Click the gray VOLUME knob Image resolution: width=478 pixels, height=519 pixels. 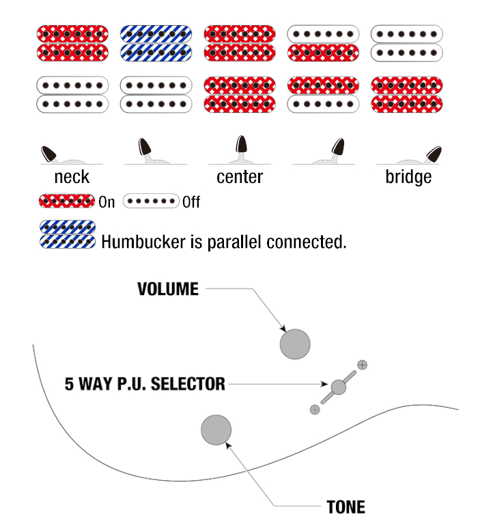pos(295,343)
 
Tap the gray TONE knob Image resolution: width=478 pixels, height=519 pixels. pos(216,430)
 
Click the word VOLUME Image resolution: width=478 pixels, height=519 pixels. pos(168,289)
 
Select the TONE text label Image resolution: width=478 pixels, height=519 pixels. pos(346,507)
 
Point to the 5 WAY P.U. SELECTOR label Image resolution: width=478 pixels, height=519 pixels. pos(145,384)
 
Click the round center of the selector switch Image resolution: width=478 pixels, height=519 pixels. pos(339,387)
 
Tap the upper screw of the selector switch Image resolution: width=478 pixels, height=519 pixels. pos(363,365)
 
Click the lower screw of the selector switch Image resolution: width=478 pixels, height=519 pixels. pos(314,409)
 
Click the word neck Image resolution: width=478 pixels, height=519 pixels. pos(72,177)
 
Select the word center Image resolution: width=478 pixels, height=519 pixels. pos(240,177)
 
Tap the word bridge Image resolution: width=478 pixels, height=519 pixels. pos(408,177)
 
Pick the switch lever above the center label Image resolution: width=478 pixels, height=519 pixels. pos(241,145)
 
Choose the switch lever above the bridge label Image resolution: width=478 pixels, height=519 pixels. pos(432,154)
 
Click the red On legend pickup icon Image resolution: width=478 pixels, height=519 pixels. pos(67,201)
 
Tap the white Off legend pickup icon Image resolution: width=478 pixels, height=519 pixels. pos(151,201)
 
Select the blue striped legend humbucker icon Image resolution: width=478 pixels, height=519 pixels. pos(68,235)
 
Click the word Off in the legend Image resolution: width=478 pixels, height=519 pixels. pos(191,202)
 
